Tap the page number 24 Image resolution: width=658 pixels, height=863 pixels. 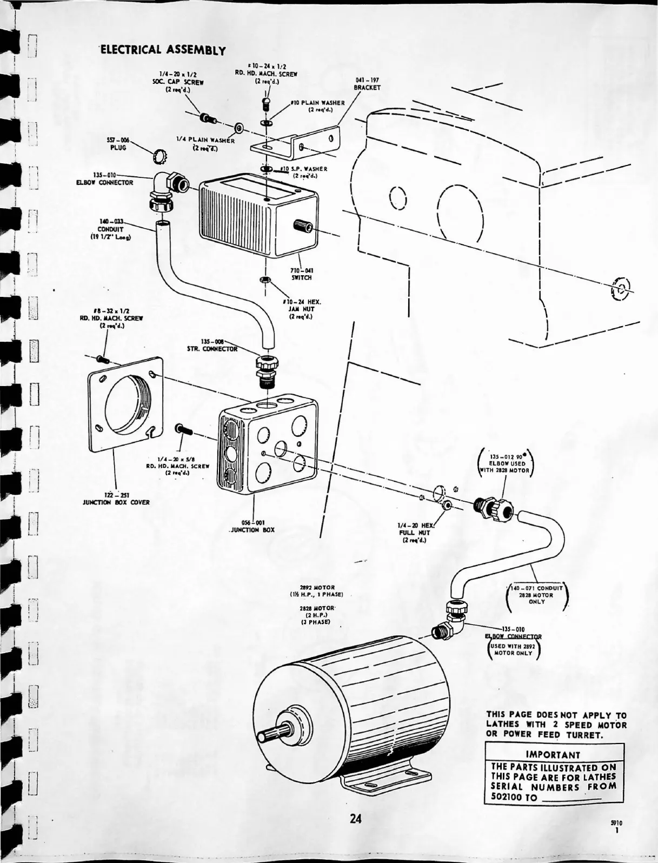(355, 818)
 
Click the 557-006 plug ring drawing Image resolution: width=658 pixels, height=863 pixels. (159, 156)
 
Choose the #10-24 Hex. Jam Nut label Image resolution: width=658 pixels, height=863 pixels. (298, 309)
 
